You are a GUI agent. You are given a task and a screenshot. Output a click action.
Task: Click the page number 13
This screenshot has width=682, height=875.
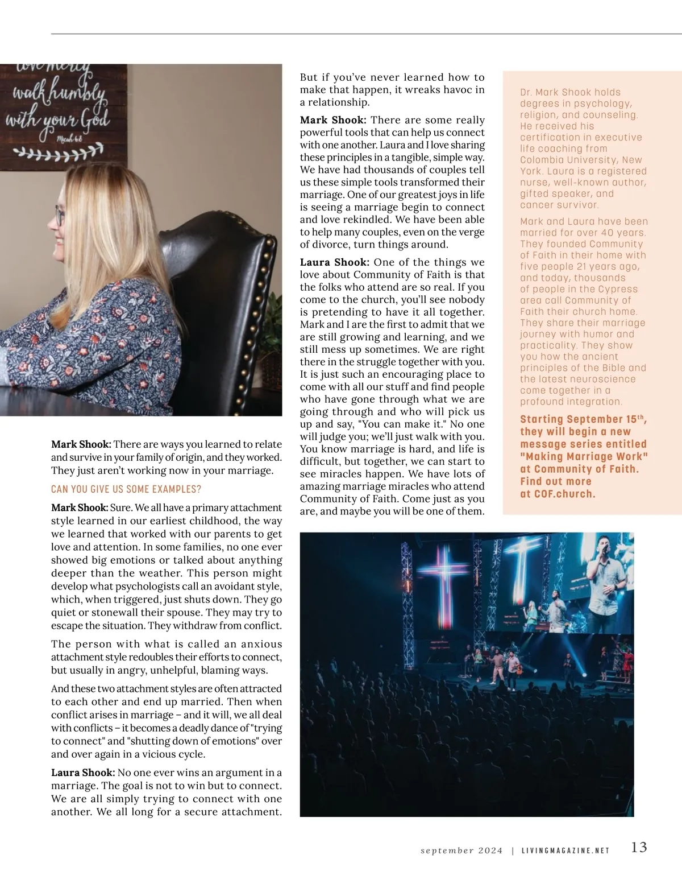pos(639,847)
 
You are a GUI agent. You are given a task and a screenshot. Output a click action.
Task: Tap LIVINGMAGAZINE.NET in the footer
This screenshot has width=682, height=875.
pos(565,851)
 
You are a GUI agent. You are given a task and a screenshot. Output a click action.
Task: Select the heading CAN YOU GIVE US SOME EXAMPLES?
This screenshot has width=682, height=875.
pos(126,489)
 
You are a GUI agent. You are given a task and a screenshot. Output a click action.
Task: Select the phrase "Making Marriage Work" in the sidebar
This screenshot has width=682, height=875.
pos(584,456)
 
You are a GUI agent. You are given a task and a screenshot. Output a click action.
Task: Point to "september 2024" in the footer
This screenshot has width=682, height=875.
pos(461,851)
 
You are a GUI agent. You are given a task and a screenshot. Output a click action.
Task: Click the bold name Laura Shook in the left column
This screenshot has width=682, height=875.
pos(82,773)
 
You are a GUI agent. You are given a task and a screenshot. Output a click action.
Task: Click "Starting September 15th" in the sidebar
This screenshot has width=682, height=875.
pos(583,419)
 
